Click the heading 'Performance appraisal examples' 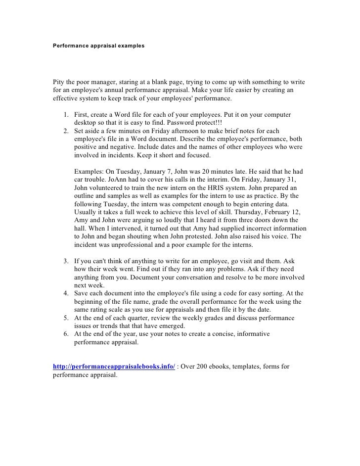pyautogui.click(x=98, y=45)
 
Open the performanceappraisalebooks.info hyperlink pyautogui.click(x=114, y=367)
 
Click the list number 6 pyautogui.click(x=66, y=333)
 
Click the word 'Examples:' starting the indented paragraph pyautogui.click(x=90, y=171)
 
